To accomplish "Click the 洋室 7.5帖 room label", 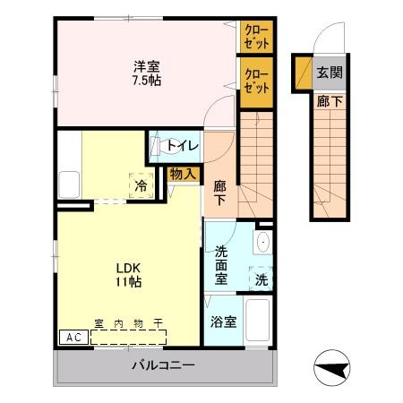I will click(x=147, y=72).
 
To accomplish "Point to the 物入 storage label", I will click(x=184, y=174).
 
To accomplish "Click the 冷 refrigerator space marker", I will click(x=141, y=185).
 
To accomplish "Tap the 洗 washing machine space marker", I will click(x=260, y=279).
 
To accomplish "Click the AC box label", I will click(x=73, y=338).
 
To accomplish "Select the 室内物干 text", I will click(x=129, y=326).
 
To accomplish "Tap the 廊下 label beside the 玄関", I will click(x=329, y=102).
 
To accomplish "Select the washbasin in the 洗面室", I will click(x=262, y=244).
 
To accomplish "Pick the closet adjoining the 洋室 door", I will click(x=255, y=81).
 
